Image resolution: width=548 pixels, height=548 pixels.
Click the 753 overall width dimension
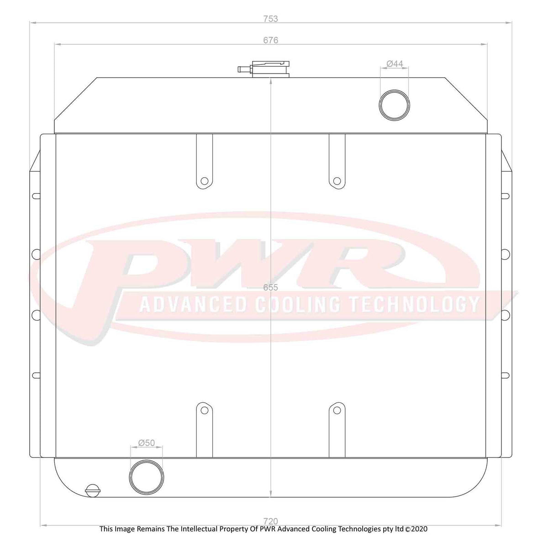click(x=271, y=19)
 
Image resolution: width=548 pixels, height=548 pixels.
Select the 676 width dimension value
click(x=271, y=40)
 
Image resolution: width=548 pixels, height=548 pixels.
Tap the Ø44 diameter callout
click(x=395, y=64)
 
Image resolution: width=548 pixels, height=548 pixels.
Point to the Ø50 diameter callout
click(x=146, y=443)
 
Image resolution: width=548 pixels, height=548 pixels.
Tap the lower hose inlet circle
click(x=146, y=476)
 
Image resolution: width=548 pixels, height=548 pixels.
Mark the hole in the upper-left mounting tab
click(x=204, y=180)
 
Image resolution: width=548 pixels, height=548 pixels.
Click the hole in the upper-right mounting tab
click(x=337, y=180)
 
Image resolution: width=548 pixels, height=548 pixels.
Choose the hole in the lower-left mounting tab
click(x=204, y=410)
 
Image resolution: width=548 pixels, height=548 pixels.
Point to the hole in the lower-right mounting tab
click(x=337, y=410)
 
